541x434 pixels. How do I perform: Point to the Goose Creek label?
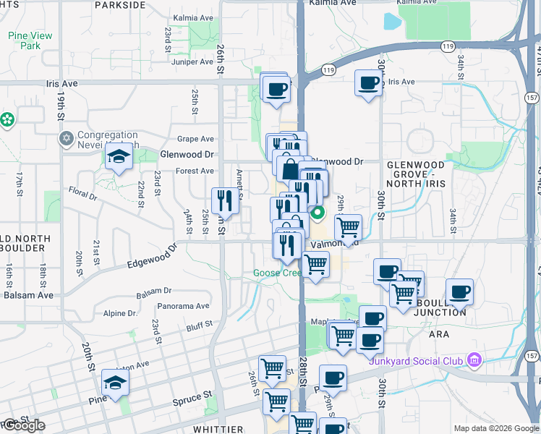277,273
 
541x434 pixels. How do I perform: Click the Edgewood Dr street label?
151,258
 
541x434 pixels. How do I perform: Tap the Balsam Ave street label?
28,295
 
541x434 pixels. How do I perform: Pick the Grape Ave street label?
197,139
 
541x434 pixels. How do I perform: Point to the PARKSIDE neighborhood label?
119,4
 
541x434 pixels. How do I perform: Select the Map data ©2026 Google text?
495,428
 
